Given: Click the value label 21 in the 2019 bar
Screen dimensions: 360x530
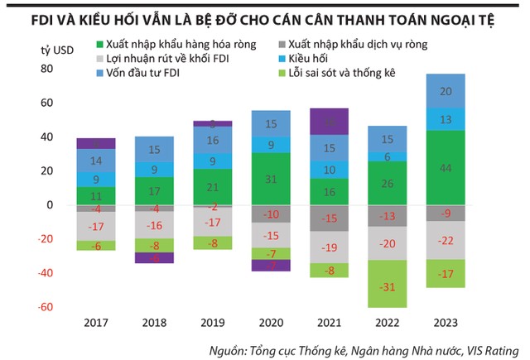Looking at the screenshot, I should click(214, 187).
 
